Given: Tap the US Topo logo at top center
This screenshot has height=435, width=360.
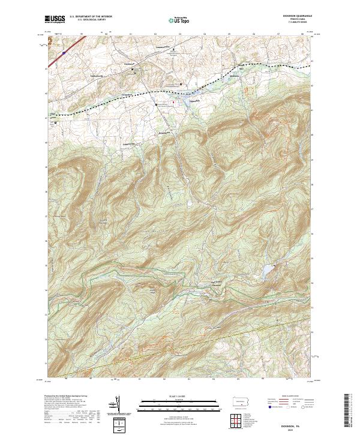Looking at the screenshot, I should [x=179, y=20].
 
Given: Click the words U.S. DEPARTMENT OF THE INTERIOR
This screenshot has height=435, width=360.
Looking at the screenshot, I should [x=90, y=16].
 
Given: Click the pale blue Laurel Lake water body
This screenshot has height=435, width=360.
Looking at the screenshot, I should [x=263, y=272].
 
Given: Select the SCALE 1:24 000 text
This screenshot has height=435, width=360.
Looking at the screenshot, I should [x=179, y=395].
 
